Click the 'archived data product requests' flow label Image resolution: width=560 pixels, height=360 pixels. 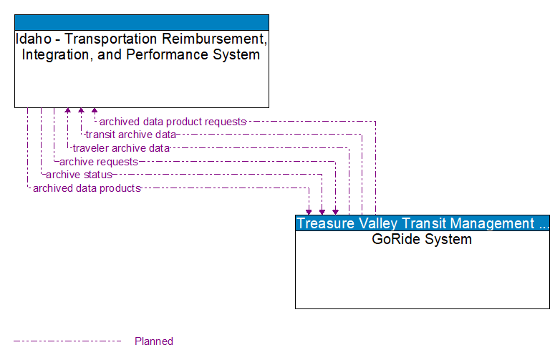point(173,122)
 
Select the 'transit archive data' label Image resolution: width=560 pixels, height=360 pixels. point(130,135)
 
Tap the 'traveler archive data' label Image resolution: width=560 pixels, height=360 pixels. point(121,148)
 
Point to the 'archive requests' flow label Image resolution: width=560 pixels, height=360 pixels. point(98,162)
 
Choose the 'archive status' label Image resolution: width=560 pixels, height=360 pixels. point(79,175)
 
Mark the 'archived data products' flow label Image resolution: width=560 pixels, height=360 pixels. point(86,188)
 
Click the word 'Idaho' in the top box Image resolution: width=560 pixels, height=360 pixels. point(32,39)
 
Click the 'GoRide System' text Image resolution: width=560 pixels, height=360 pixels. point(422,239)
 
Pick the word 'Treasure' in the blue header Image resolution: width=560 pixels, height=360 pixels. point(327,223)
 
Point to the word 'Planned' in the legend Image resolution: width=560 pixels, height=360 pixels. point(154,341)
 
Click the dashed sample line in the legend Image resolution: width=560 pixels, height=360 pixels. point(68,341)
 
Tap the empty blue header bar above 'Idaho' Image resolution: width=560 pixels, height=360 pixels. point(142,22)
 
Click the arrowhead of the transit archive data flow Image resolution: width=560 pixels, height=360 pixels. point(81,111)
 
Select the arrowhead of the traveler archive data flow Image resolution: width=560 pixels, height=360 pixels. point(68,111)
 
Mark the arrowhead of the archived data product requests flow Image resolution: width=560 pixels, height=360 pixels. point(94,111)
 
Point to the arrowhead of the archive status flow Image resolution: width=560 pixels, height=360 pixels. point(322,211)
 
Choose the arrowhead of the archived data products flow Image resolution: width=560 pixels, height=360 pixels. point(309,211)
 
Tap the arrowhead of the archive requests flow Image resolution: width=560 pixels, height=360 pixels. point(335,211)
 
